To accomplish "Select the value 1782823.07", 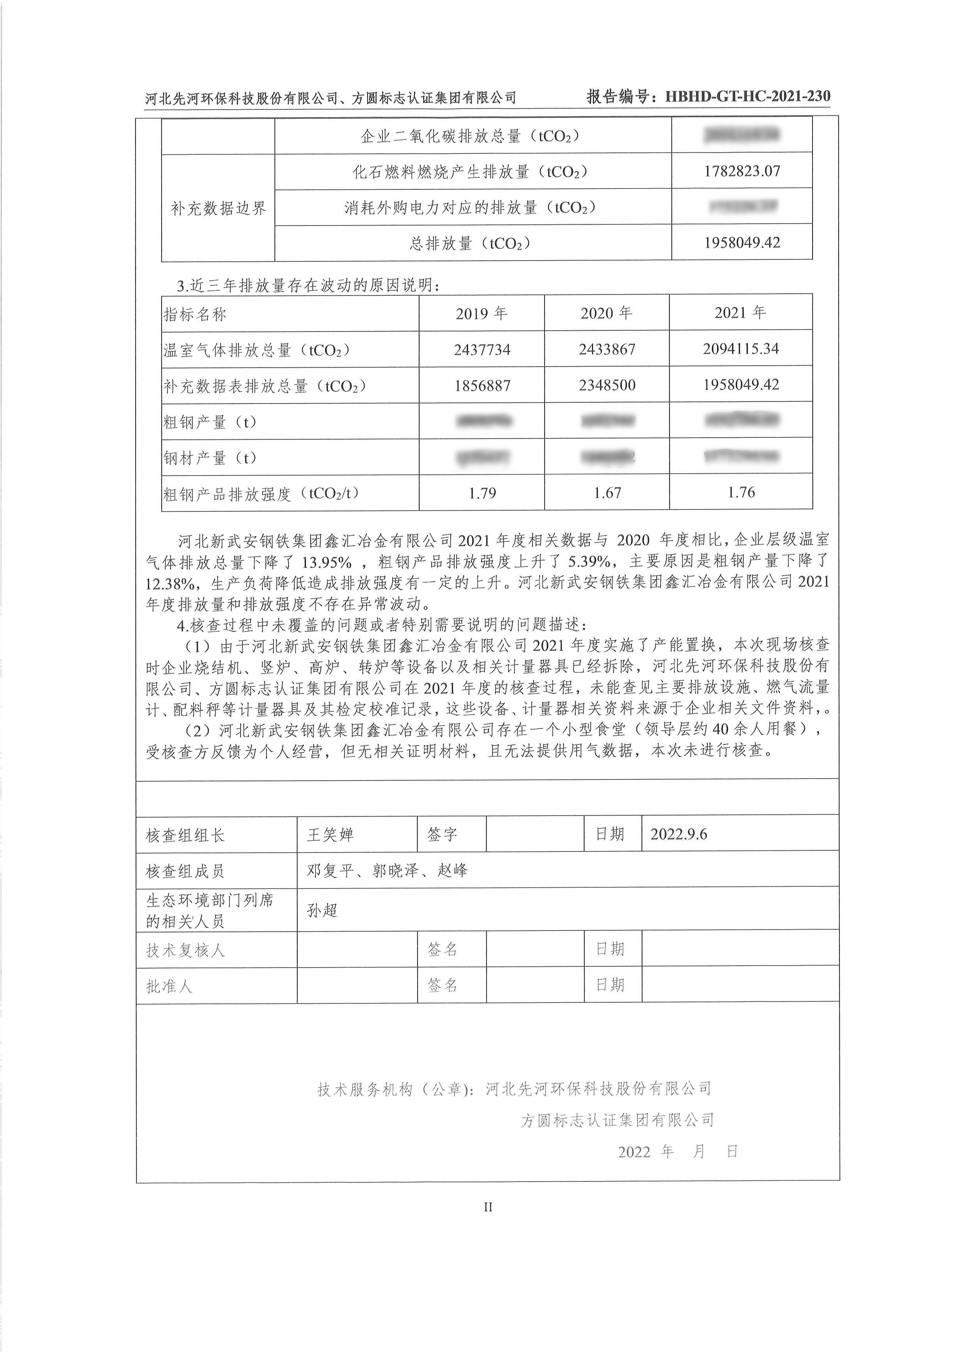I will (x=742, y=171).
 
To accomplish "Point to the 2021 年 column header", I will (x=740, y=312).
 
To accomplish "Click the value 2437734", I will (x=482, y=349).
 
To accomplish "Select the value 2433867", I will (x=607, y=349).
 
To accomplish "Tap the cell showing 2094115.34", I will (x=740, y=349).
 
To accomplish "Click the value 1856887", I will (x=482, y=386).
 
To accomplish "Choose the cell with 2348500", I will (x=607, y=386).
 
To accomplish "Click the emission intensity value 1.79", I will (x=482, y=493).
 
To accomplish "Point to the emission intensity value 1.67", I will (x=607, y=493).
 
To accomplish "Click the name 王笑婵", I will (x=330, y=835).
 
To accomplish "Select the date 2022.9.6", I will (x=679, y=834).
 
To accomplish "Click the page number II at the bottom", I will (x=488, y=1207).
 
